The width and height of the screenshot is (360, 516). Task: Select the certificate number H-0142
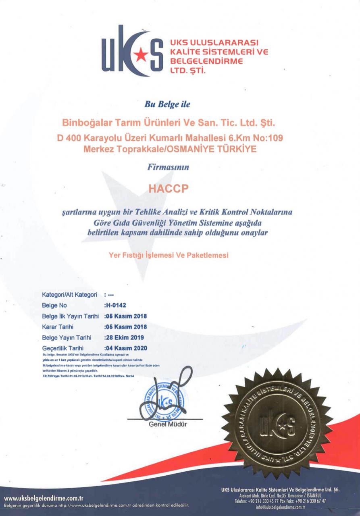pos(115,305)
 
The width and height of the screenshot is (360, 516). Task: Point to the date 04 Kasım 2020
pos(125,347)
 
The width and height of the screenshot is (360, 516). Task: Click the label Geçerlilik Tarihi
pos(62,347)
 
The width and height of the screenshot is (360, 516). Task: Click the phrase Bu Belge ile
pos(166,104)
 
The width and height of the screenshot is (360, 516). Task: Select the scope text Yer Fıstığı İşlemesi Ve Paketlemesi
pos(169,255)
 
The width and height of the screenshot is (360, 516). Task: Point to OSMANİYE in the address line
pos(200,149)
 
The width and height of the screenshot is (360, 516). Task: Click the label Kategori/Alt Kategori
pos(71,295)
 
